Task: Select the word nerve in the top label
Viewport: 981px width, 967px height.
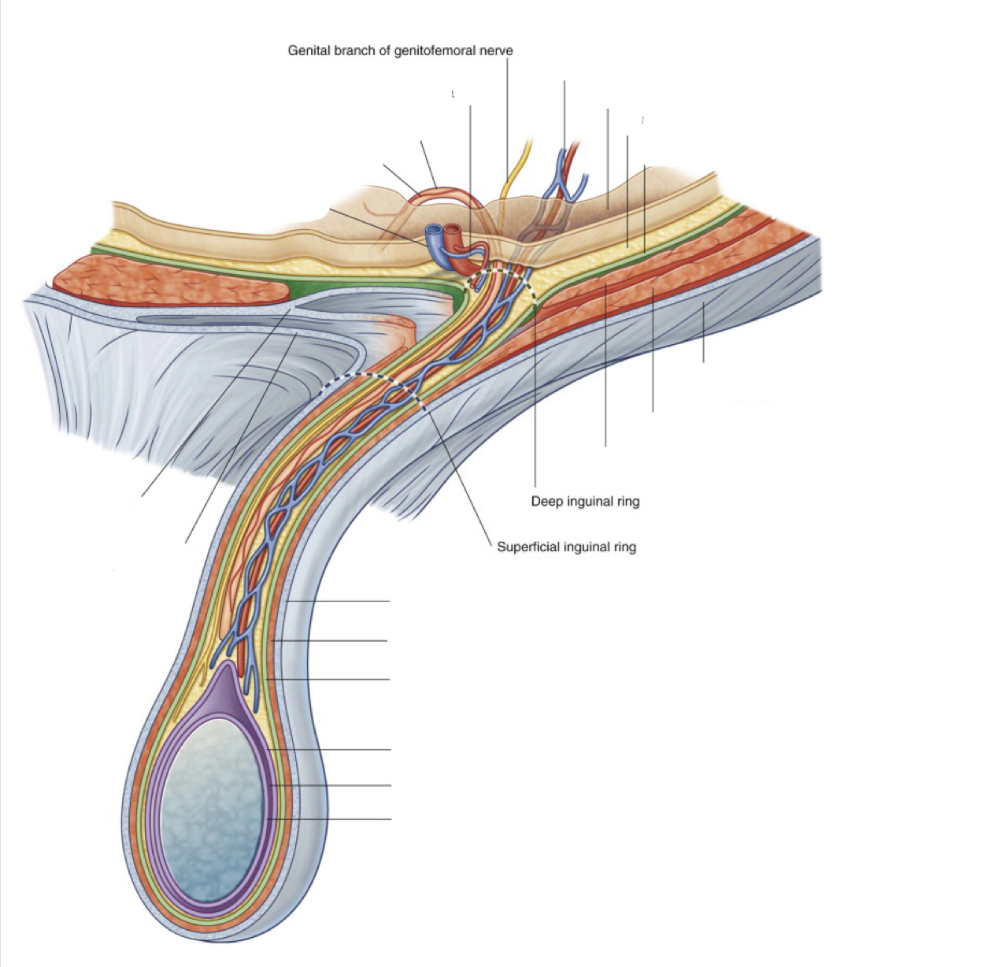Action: (x=496, y=51)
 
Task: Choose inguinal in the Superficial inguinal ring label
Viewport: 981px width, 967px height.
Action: (x=586, y=546)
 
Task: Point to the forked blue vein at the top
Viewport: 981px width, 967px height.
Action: (x=566, y=175)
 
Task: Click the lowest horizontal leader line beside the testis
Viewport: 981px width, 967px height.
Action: (x=331, y=819)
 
